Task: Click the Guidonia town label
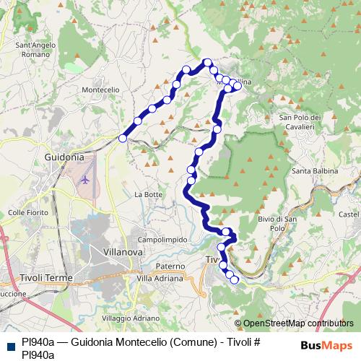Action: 64,156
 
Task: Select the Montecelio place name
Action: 100,89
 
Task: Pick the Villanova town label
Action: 123,253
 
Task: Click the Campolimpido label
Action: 163,239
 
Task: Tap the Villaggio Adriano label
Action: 131,318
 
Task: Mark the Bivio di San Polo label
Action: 277,222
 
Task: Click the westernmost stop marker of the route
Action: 123,138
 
